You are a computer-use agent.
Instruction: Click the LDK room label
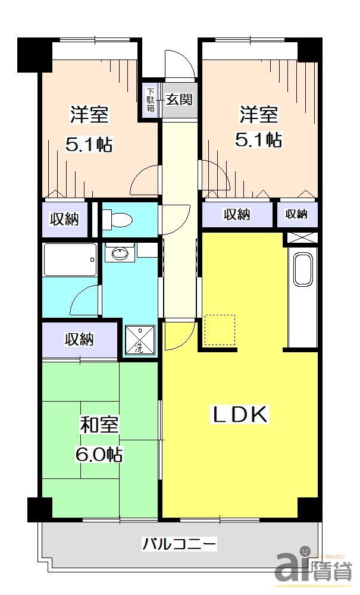(x=240, y=415)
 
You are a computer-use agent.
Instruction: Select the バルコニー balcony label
(x=179, y=543)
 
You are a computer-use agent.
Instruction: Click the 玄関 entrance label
(x=179, y=99)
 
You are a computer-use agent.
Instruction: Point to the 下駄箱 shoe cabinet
(x=151, y=99)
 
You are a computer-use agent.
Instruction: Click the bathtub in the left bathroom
(x=70, y=260)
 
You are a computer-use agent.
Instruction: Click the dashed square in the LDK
(x=220, y=330)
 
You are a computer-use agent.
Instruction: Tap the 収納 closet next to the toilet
(x=64, y=218)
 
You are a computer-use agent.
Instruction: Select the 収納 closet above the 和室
(x=79, y=340)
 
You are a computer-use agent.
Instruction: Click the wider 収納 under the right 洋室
(x=237, y=214)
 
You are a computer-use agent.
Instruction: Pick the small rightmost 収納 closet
(x=296, y=214)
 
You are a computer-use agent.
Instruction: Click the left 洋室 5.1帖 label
(x=90, y=128)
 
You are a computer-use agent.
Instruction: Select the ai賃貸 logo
(x=312, y=565)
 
